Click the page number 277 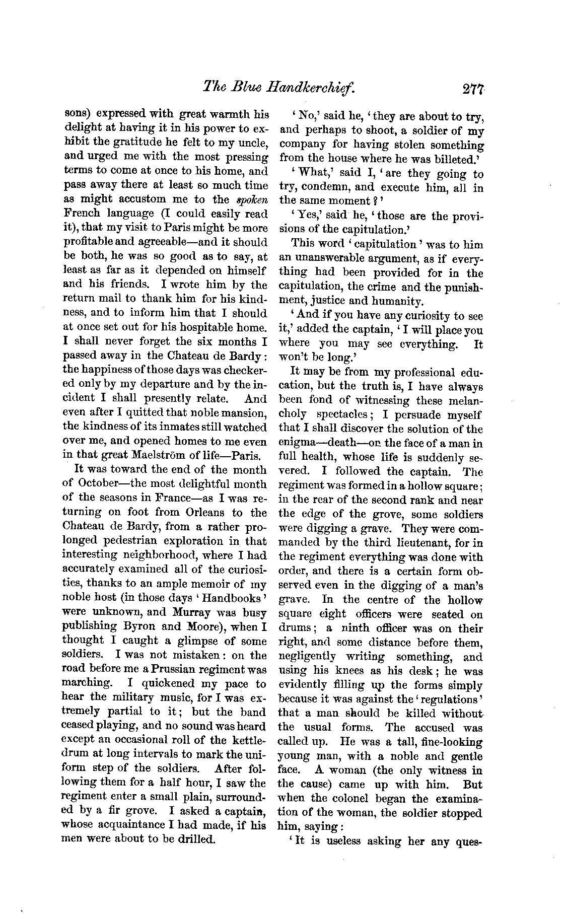pos(472,89)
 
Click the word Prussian pos(178,670)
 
